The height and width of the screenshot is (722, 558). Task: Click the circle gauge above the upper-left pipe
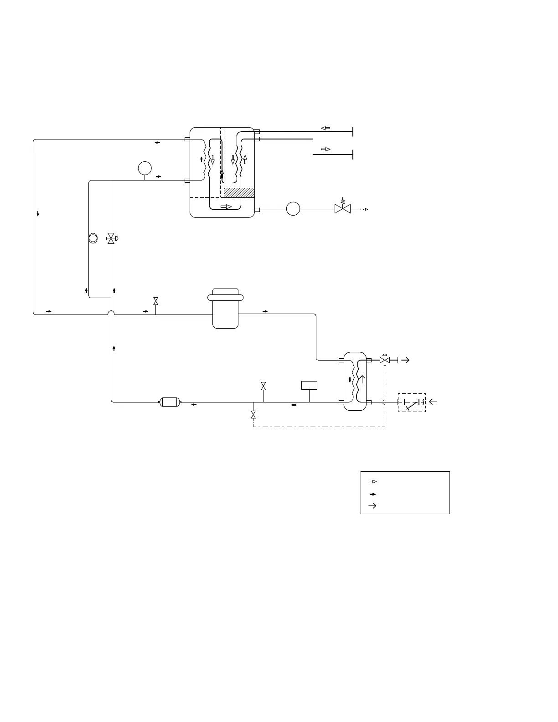click(x=145, y=168)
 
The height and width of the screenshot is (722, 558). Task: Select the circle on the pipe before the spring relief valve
click(x=293, y=209)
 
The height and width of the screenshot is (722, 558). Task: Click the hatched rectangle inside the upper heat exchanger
click(x=239, y=193)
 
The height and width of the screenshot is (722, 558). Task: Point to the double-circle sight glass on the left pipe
click(x=93, y=238)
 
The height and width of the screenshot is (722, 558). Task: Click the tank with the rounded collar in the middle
click(x=225, y=308)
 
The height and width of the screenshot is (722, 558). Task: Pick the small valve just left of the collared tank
click(x=156, y=301)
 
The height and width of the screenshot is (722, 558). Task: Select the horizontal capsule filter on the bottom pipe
click(x=169, y=402)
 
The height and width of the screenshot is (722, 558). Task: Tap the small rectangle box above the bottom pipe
click(x=309, y=385)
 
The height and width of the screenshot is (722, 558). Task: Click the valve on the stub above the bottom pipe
click(x=263, y=386)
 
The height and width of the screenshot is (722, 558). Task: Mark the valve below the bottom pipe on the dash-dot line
click(x=253, y=415)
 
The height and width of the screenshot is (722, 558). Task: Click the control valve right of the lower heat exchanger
click(x=385, y=360)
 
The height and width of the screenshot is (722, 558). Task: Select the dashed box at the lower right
click(x=412, y=402)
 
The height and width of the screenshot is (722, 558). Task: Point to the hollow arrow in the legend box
click(x=372, y=481)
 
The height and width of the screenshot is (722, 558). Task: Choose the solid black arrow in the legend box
click(x=372, y=494)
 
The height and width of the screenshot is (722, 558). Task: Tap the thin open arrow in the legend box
click(x=372, y=505)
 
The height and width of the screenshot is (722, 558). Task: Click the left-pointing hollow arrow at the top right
click(x=325, y=128)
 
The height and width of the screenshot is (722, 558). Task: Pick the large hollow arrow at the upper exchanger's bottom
click(x=226, y=206)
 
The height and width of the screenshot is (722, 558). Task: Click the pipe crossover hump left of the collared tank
click(x=111, y=313)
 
